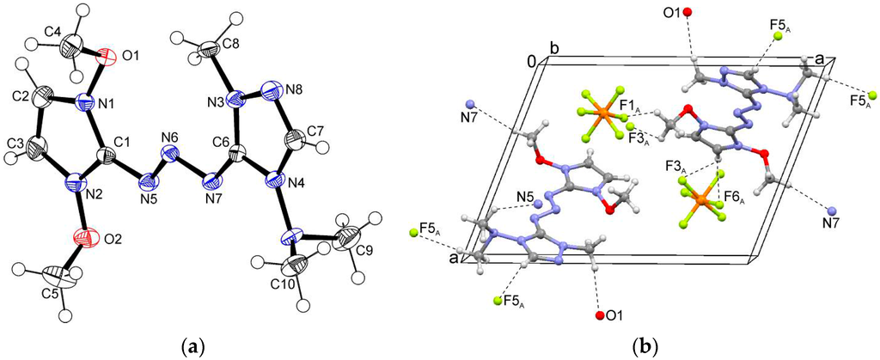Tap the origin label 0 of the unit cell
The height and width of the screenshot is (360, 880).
coord(533,62)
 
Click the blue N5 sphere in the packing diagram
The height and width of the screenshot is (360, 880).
coord(535,206)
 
